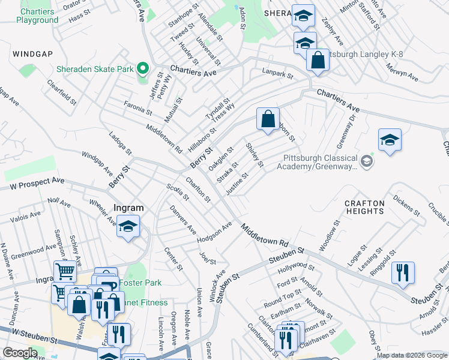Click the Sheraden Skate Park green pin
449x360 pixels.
pyautogui.click(x=142, y=68)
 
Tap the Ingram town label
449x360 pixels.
pyautogui.click(x=128, y=209)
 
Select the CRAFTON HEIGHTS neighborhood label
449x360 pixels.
pyautogui.click(x=364, y=208)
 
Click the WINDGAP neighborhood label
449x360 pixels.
pyautogui.click(x=31, y=54)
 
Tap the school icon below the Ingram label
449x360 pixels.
pyautogui.click(x=128, y=226)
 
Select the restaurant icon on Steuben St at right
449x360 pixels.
pyautogui.click(x=403, y=271)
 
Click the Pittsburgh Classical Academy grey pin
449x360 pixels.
pyautogui.click(x=367, y=160)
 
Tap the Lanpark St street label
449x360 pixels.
pyautogui.click(x=277, y=75)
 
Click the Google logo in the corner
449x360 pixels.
pyautogui.click(x=20, y=353)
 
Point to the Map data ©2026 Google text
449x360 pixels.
pyautogui.click(x=411, y=355)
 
